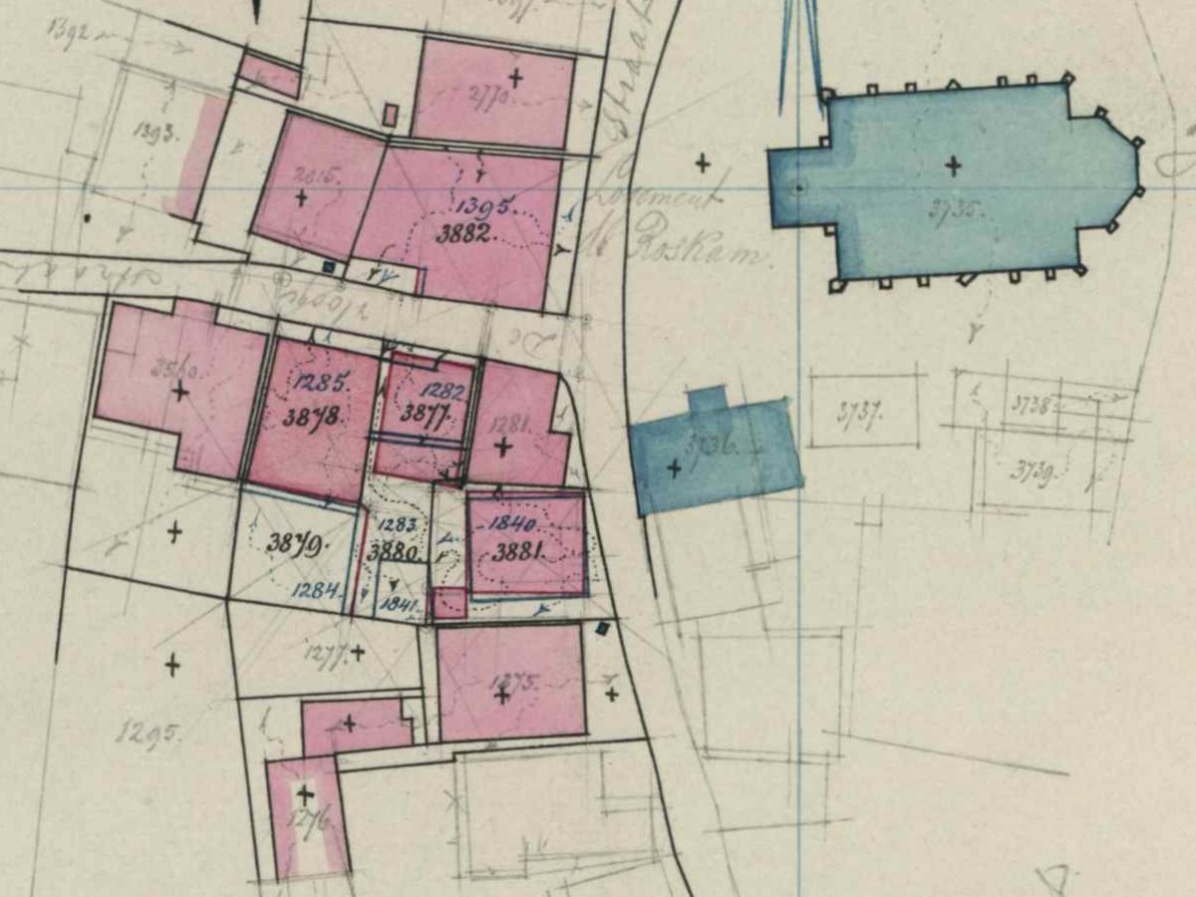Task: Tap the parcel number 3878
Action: tap(313, 417)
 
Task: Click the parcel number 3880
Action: tap(394, 550)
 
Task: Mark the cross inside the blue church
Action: tap(954, 165)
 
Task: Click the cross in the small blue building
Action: tap(674, 465)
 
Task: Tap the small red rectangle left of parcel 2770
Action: tap(391, 115)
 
